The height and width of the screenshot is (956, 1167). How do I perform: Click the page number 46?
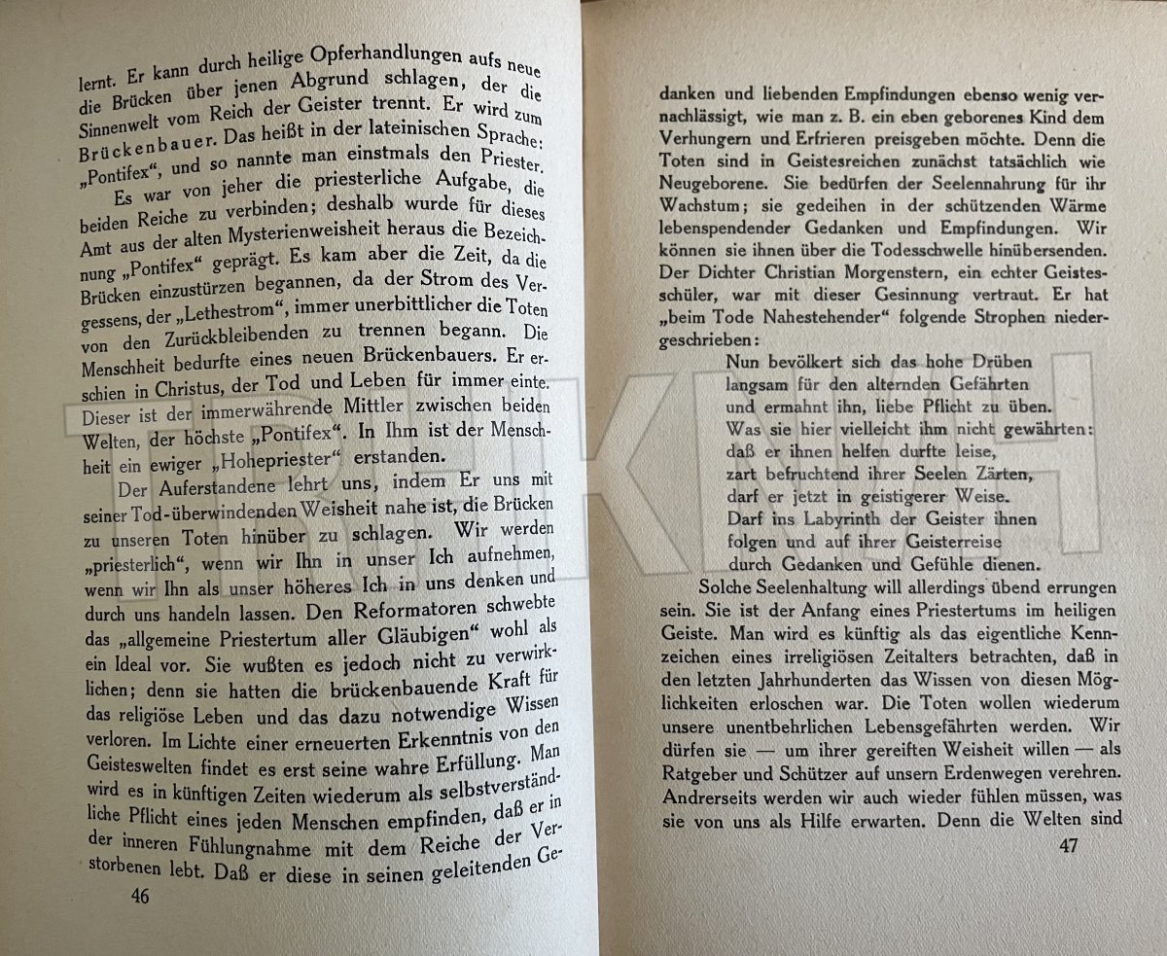(x=140, y=896)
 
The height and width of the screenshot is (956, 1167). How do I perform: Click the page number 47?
(x=1069, y=846)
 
